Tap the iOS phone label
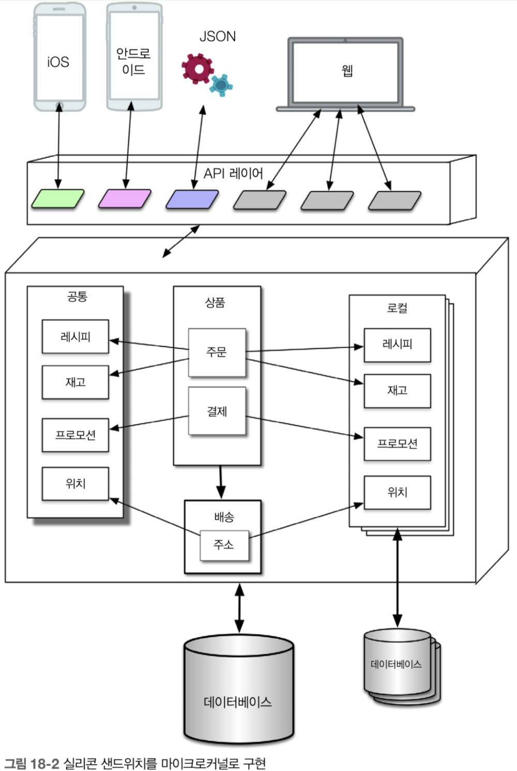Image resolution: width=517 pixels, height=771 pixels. tap(58, 62)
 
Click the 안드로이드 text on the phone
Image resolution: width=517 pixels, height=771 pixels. tap(133, 62)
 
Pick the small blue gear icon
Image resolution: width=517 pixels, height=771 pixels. tap(221, 85)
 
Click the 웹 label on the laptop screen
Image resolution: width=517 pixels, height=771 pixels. tap(347, 70)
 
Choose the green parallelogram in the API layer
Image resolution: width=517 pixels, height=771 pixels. tap(58, 198)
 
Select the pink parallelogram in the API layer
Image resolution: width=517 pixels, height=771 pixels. tap(125, 199)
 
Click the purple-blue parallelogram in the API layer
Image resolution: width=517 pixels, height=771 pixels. tap(192, 199)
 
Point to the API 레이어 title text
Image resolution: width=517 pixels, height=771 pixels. tap(233, 173)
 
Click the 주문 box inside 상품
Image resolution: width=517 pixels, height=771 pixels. tap(217, 352)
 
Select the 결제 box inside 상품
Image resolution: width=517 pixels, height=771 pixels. tap(217, 411)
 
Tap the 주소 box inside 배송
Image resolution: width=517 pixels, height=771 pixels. tap(224, 545)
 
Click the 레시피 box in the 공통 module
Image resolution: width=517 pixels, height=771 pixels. tap(75, 337)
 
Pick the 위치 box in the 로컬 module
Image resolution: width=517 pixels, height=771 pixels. tap(397, 493)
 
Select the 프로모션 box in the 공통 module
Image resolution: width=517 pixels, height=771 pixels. tap(75, 435)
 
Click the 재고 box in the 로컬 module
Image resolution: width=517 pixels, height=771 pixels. tap(397, 391)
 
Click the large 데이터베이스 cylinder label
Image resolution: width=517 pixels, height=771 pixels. tap(238, 702)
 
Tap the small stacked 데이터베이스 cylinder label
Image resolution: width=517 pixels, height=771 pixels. tap(396, 664)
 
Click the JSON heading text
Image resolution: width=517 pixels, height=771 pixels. tap(218, 37)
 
